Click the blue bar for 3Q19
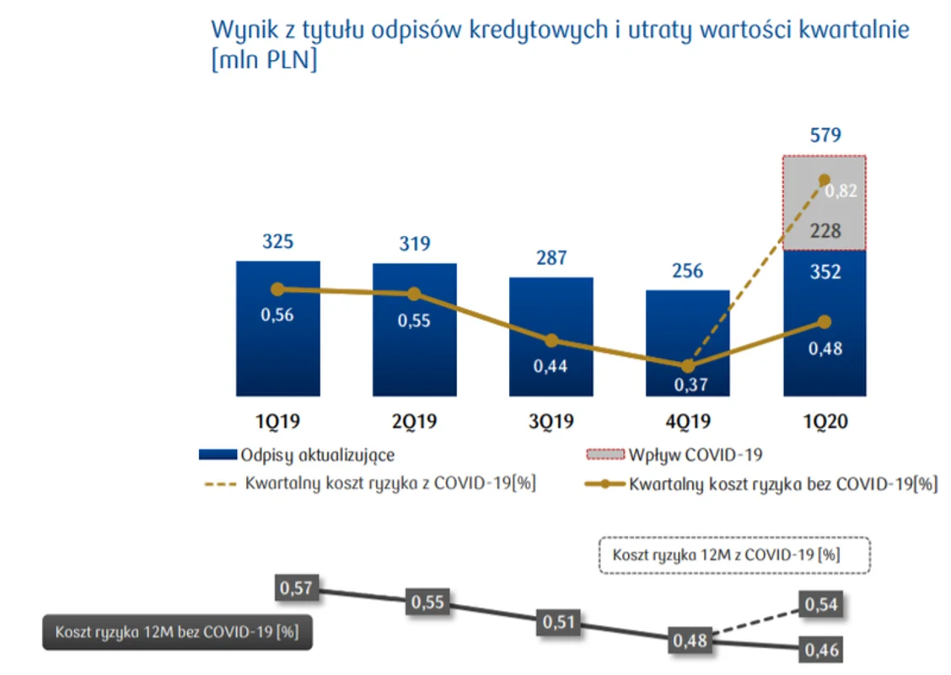(551, 337)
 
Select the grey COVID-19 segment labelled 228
(825, 202)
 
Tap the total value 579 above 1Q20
(825, 135)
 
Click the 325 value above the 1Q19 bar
(277, 241)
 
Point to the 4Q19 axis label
(688, 421)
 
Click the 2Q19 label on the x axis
(414, 421)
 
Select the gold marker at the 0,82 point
(825, 180)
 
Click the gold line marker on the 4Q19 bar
(688, 366)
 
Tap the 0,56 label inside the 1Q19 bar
(277, 315)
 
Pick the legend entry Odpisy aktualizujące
(297, 455)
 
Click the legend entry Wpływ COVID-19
(674, 455)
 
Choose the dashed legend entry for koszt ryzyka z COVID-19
(371, 483)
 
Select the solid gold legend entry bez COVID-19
(761, 484)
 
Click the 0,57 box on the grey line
(296, 587)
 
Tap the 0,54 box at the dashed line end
(820, 604)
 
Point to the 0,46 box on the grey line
(821, 651)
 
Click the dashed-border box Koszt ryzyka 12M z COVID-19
(734, 555)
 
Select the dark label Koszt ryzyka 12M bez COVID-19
(177, 632)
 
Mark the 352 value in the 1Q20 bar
(825, 272)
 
